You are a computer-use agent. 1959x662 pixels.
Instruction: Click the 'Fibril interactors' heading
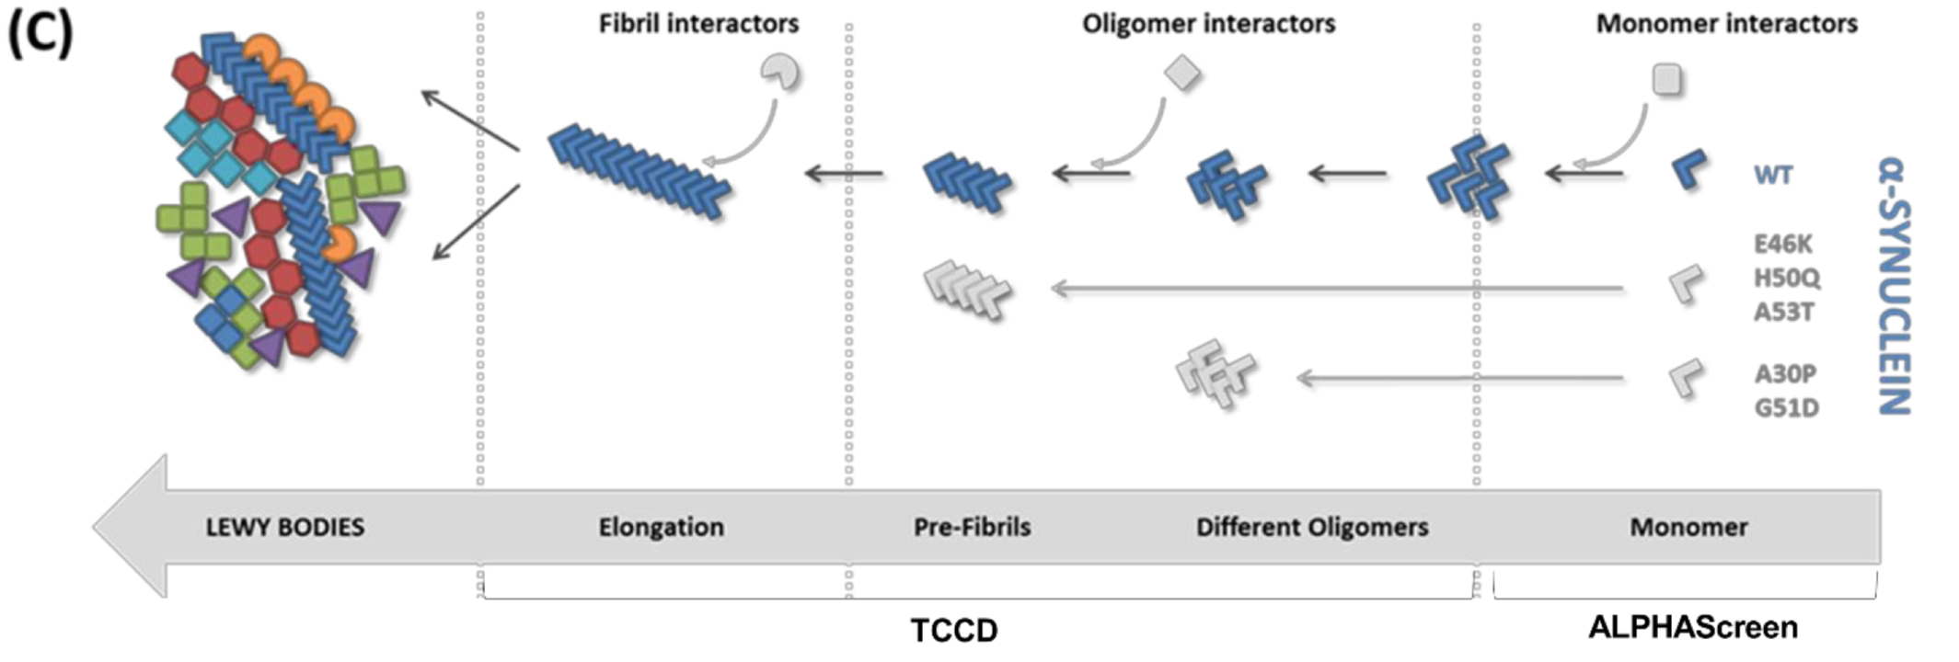698,24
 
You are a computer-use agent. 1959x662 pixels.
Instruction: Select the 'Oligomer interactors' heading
1208,24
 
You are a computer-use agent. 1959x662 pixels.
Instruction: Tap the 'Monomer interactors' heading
1726,24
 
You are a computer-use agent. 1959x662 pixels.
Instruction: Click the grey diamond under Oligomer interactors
1182,73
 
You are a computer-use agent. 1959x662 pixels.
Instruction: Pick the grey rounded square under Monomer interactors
1667,79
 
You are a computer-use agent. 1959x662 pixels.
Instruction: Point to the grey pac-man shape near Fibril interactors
780,72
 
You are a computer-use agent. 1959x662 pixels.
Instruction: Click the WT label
1773,175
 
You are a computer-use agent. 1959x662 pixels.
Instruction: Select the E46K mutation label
1782,245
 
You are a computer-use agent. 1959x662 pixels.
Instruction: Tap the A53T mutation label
1782,313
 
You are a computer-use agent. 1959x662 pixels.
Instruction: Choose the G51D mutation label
1786,407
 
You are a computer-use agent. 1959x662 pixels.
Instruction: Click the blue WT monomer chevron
1689,170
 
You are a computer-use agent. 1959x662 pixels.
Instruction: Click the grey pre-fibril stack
967,290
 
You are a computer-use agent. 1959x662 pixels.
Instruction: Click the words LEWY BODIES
284,527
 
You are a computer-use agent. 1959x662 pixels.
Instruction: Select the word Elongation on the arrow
661,527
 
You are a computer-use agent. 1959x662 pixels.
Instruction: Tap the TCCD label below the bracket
953,631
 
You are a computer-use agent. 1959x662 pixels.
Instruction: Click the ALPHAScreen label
1692,627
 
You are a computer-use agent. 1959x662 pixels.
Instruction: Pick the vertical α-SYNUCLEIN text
1895,285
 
